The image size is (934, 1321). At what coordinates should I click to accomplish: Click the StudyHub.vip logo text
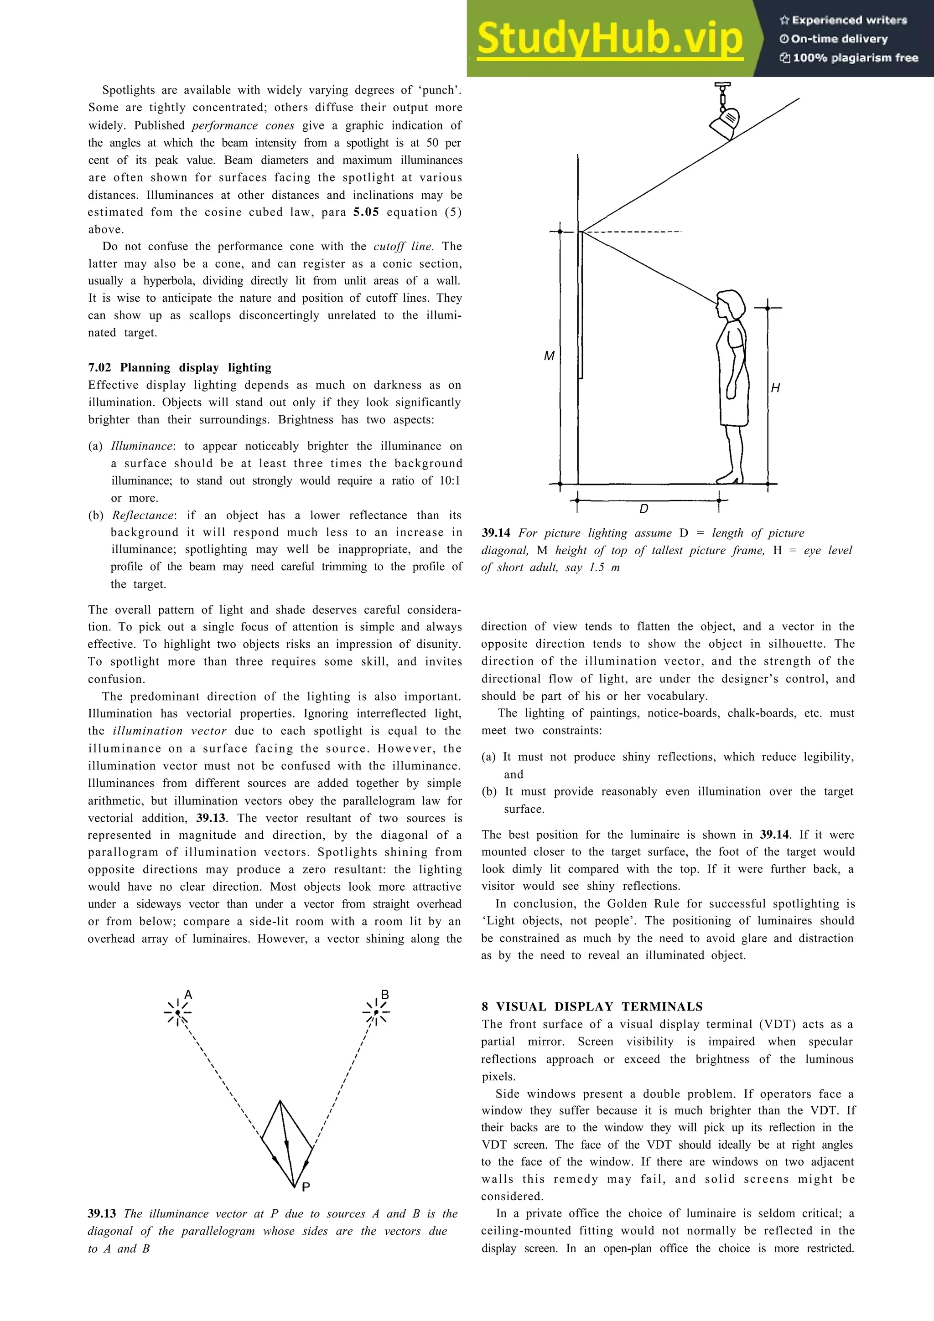click(609, 39)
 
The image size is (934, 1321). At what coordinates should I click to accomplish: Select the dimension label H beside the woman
click(776, 388)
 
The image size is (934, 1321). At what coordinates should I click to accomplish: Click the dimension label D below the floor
click(644, 509)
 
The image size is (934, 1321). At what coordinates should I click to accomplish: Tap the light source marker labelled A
click(178, 1012)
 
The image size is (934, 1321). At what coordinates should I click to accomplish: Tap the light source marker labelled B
click(376, 1012)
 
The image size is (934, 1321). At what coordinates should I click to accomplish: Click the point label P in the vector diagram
click(306, 1187)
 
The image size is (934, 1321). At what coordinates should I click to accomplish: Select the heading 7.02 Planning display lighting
click(180, 368)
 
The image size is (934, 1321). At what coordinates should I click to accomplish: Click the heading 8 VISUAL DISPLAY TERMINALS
click(592, 1007)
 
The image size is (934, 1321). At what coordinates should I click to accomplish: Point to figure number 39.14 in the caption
click(496, 533)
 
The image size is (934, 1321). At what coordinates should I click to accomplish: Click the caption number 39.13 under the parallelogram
click(102, 1214)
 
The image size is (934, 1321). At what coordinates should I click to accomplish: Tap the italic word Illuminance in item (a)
click(141, 446)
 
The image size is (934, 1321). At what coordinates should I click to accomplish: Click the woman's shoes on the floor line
click(727, 479)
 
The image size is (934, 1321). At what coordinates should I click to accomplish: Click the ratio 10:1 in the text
click(450, 481)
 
